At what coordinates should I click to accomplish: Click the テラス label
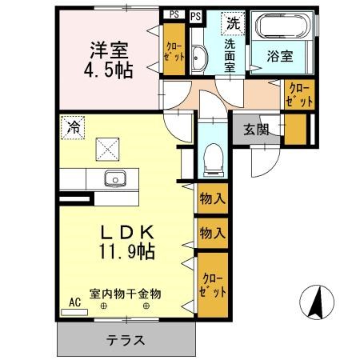point(126,340)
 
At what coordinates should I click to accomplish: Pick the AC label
point(75,302)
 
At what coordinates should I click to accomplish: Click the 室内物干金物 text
point(126,294)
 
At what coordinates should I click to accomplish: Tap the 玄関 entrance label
point(257,130)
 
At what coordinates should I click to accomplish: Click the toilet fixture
point(212,160)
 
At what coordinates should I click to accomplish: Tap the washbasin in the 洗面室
point(199,57)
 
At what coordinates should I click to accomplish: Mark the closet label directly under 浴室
point(298,94)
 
